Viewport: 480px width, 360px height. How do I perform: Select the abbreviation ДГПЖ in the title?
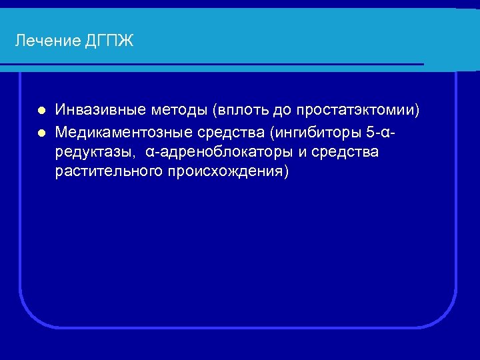[109, 41]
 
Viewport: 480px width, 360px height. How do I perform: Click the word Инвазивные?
[99, 110]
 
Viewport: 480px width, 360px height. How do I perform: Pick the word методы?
[177, 110]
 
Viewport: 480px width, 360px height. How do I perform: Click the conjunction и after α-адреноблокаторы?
[302, 153]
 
